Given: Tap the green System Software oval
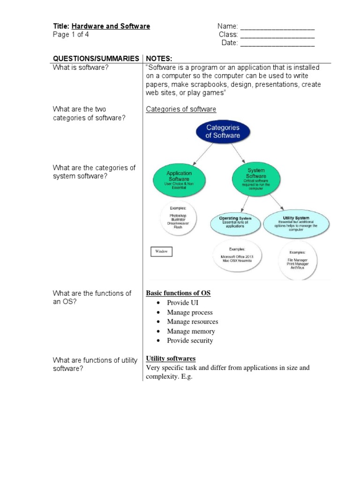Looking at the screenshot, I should pyautogui.click(x=256, y=176).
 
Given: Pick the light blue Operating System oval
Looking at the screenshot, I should pyautogui.click(x=235, y=222).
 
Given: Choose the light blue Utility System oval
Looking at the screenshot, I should pyautogui.click(x=296, y=222).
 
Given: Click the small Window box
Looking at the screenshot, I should pyautogui.click(x=161, y=252).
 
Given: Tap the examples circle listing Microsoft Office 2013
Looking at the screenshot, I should pyautogui.click(x=237, y=257).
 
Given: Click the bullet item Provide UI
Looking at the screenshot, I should pyautogui.click(x=182, y=303).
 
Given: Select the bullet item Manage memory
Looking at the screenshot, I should pyautogui.click(x=191, y=331).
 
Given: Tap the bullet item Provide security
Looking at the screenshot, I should pyautogui.click(x=190, y=340).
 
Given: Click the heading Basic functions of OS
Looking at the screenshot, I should pyautogui.click(x=178, y=293).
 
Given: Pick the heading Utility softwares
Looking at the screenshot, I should pyautogui.click(x=171, y=359).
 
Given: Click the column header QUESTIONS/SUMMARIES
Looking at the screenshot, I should pyautogui.click(x=96, y=58).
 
